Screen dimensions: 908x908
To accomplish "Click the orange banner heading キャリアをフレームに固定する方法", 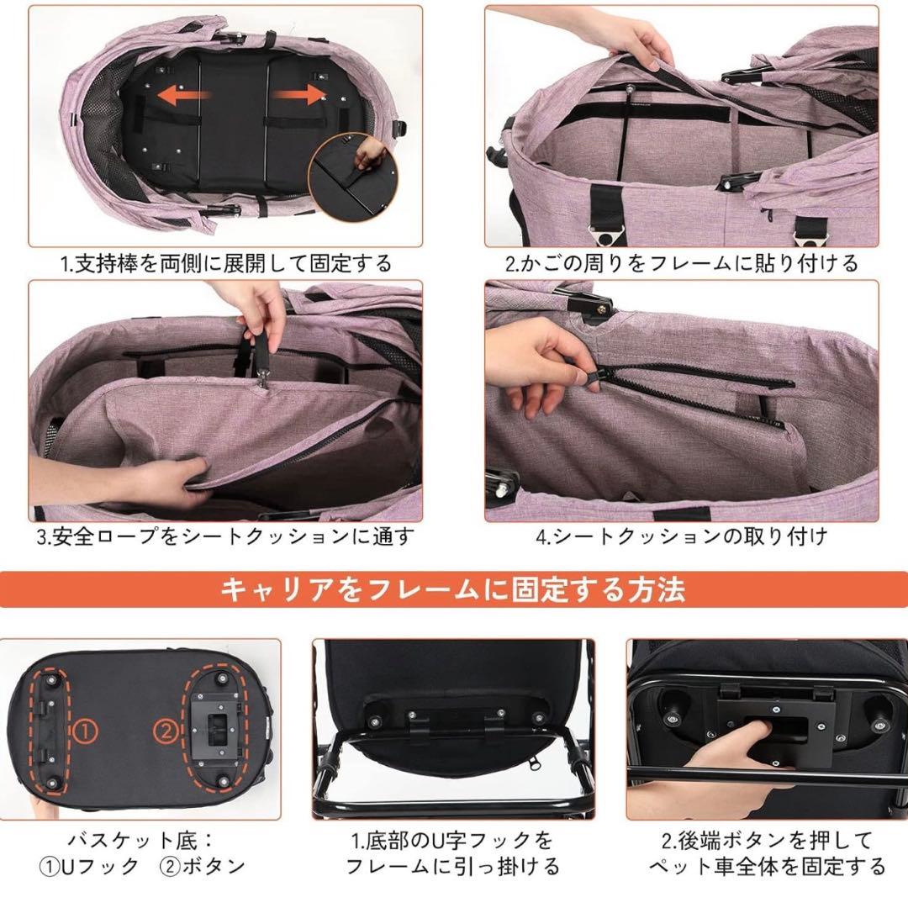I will pos(453,589).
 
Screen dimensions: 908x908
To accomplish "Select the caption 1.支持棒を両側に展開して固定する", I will pos(225,264).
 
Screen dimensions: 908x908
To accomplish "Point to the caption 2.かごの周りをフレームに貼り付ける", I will pos(681,264).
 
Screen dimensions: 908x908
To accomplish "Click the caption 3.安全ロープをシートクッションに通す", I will pos(225,536).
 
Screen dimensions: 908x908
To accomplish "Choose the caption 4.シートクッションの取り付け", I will pos(681,536).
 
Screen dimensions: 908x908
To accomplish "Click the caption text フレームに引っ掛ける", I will pos(453,866).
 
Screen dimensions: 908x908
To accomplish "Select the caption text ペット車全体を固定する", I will pos(767,866).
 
